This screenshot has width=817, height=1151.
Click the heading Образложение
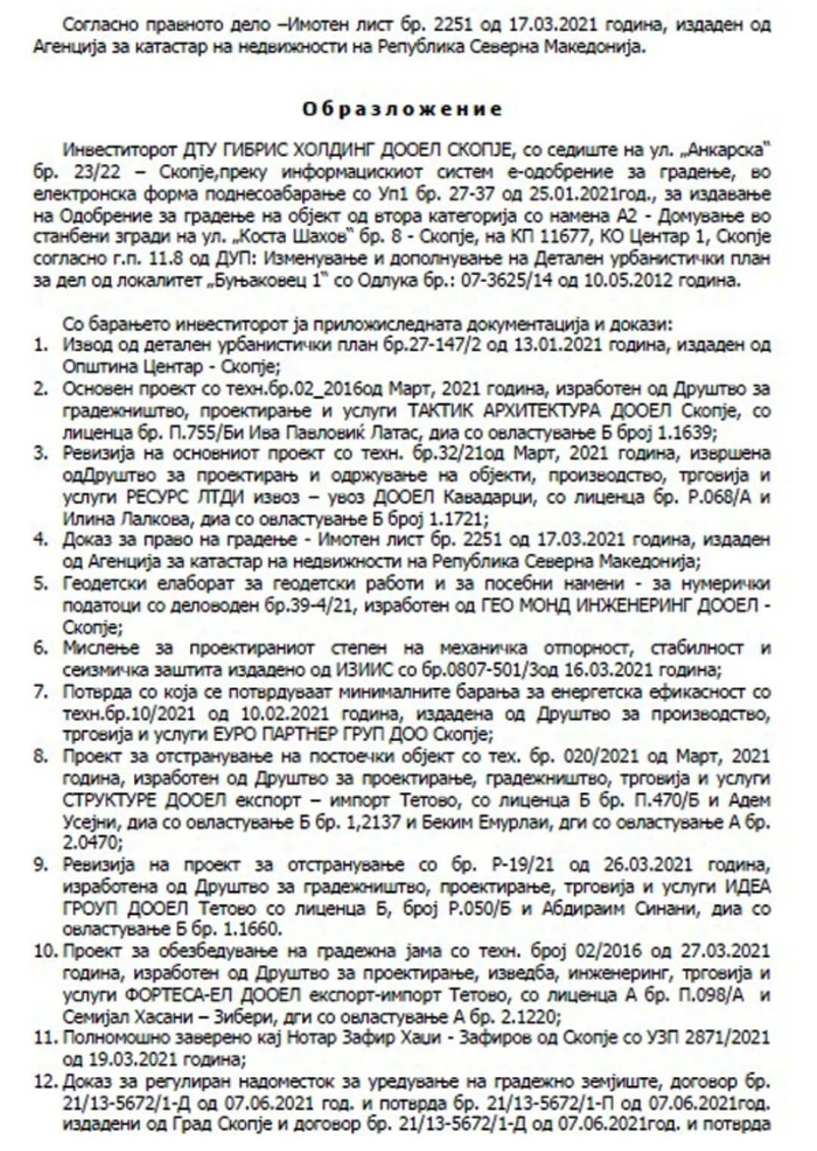pyautogui.click(x=402, y=109)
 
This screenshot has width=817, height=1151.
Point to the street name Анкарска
pyautogui.click(x=738, y=146)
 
